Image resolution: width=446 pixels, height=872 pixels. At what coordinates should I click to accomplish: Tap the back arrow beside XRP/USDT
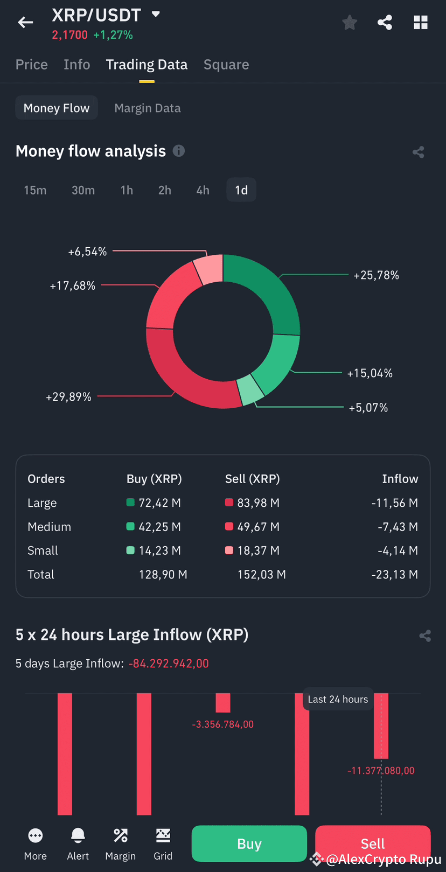coord(25,22)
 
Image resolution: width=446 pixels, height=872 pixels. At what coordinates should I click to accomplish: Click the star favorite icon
coord(350,23)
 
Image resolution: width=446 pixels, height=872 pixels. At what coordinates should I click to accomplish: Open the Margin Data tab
coord(148,108)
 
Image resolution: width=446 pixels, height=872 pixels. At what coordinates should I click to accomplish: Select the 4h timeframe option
coord(203,190)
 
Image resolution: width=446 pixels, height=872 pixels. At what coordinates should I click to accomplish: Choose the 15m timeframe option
coord(35,190)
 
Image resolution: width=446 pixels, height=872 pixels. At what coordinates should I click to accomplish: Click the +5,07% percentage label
coord(368,408)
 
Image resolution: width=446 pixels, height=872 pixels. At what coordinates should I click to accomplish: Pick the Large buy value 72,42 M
coord(159,503)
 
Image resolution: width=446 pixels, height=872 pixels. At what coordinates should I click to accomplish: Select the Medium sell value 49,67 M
coord(258,527)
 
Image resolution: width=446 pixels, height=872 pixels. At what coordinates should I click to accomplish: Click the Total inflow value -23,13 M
coord(394,575)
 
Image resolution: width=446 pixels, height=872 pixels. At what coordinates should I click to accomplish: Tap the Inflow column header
coord(400,479)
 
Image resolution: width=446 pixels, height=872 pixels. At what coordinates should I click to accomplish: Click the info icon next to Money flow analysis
coord(179,151)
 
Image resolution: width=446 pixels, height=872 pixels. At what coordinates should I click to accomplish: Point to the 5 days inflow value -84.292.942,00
coord(169,664)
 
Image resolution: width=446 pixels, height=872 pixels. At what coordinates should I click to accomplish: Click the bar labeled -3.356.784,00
coord(223,703)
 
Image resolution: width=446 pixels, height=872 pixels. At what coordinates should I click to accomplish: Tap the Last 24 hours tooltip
coord(338,699)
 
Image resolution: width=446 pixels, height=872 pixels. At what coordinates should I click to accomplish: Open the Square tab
coord(226,65)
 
